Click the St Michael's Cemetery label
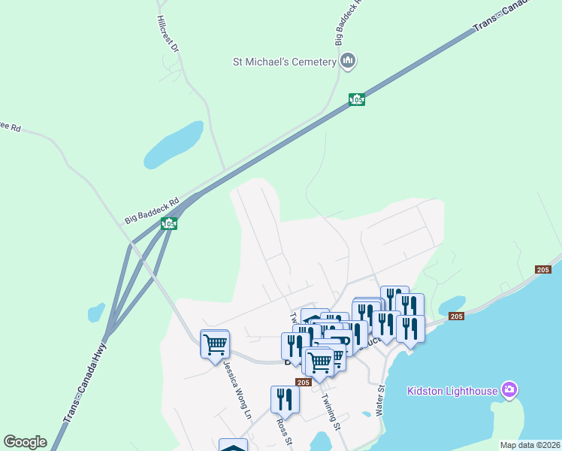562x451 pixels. tap(283, 62)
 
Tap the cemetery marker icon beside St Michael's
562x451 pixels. tap(347, 61)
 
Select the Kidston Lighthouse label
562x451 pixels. tap(452, 391)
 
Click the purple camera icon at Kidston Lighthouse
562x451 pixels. tap(510, 389)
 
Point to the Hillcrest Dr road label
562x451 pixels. tap(168, 34)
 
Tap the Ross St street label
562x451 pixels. tap(286, 431)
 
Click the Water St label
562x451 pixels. tap(380, 401)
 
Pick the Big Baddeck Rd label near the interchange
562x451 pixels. tap(151, 210)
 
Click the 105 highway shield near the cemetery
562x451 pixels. tap(357, 99)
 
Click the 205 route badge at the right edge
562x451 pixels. tap(543, 270)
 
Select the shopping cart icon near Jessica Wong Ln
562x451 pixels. tap(215, 344)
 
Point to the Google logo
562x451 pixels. tap(25, 442)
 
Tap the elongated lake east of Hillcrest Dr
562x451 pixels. tap(174, 144)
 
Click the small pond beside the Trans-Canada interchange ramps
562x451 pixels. tap(96, 311)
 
